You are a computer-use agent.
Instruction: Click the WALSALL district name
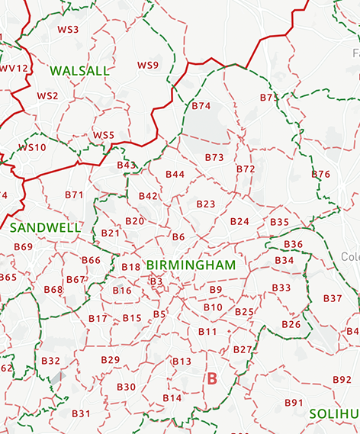click(x=79, y=70)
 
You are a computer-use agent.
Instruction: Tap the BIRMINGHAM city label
click(x=191, y=265)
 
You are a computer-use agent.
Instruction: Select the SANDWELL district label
click(x=46, y=227)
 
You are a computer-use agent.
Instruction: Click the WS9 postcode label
click(x=148, y=66)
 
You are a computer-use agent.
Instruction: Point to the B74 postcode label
click(x=201, y=106)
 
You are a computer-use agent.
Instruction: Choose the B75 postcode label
click(x=269, y=98)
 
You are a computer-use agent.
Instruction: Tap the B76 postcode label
click(x=321, y=175)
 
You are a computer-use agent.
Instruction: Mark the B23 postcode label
click(x=206, y=204)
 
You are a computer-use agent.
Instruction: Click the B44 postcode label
click(x=175, y=175)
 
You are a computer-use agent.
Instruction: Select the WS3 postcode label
click(x=68, y=30)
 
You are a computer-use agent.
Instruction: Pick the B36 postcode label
click(x=293, y=244)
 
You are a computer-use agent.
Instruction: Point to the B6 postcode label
click(x=178, y=237)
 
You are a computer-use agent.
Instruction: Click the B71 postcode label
click(x=74, y=194)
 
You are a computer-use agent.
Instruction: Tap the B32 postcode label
click(x=50, y=361)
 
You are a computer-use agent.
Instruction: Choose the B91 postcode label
click(x=294, y=402)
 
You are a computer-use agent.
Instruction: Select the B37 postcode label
click(x=333, y=298)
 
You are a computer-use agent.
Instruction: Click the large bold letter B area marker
click(x=212, y=378)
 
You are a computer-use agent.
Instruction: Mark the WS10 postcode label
click(x=32, y=148)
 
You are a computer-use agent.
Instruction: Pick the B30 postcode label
click(x=126, y=387)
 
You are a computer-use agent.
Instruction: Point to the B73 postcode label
click(x=214, y=157)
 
